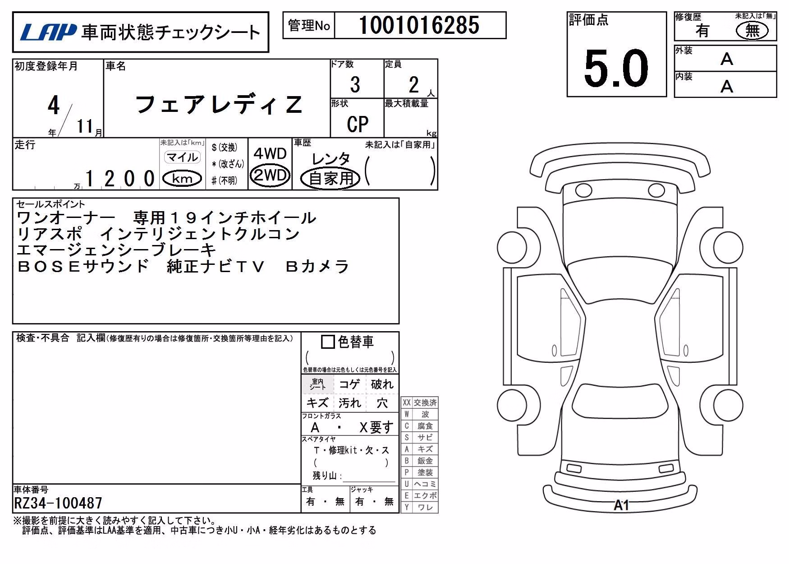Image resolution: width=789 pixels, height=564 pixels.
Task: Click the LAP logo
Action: pyautogui.click(x=48, y=32)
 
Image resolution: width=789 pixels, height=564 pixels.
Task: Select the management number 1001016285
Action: pyautogui.click(x=419, y=25)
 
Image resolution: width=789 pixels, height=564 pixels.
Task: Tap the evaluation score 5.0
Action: pyautogui.click(x=616, y=68)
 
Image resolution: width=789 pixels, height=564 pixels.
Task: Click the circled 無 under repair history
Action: pyautogui.click(x=752, y=31)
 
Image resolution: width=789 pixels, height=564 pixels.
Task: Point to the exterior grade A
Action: pyautogui.click(x=726, y=59)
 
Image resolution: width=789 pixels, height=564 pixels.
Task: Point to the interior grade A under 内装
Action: pyautogui.click(x=726, y=86)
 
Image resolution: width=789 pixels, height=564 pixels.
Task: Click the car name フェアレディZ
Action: pyautogui.click(x=218, y=105)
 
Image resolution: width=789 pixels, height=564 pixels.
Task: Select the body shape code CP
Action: pyautogui.click(x=358, y=124)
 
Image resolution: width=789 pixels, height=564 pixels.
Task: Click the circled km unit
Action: pyautogui.click(x=182, y=179)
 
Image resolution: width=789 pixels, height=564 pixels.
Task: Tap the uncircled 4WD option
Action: pyautogui.click(x=270, y=154)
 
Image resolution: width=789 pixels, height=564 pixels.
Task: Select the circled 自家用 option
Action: pyautogui.click(x=331, y=178)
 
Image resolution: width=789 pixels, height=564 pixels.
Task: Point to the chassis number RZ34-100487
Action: pyautogui.click(x=58, y=503)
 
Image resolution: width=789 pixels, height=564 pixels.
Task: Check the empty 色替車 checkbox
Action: pyautogui.click(x=328, y=342)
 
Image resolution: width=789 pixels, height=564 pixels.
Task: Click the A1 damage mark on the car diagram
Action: pyautogui.click(x=621, y=505)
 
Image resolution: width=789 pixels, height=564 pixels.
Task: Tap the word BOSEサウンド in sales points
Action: pyautogui.click(x=83, y=266)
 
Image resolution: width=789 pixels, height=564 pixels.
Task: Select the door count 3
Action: pyautogui.click(x=355, y=85)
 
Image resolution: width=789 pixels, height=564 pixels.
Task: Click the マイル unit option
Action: pyautogui.click(x=182, y=157)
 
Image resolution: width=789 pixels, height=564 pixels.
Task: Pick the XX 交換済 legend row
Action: pyautogui.click(x=419, y=402)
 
